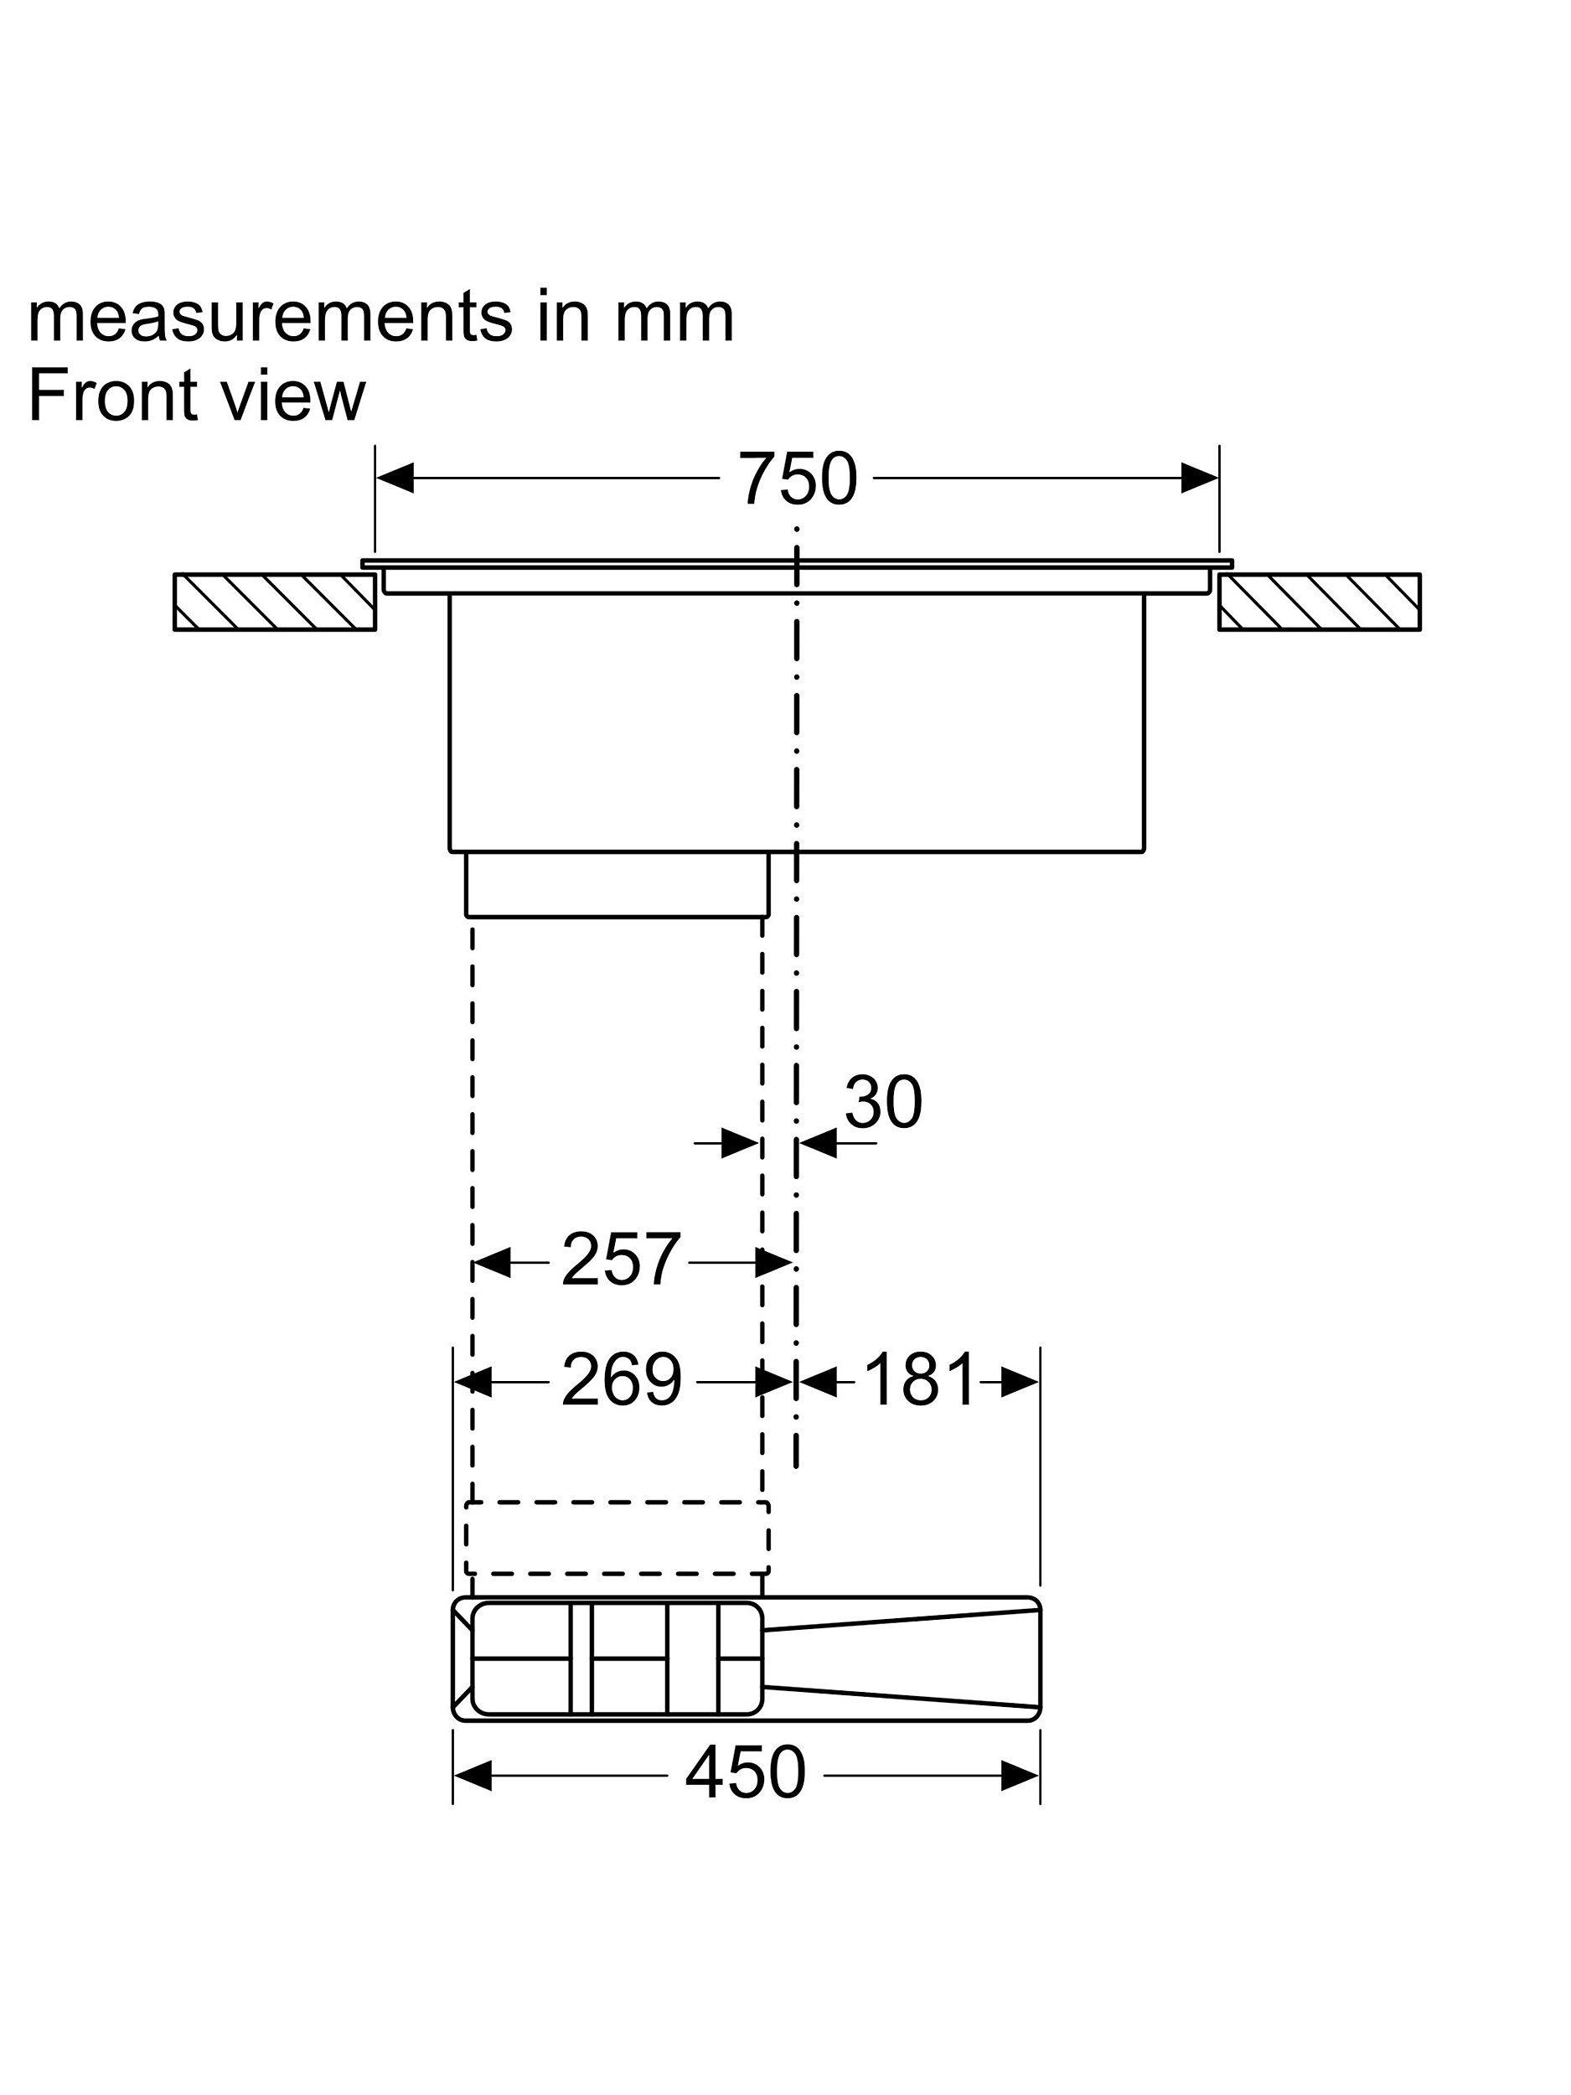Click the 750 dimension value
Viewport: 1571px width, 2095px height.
[798, 478]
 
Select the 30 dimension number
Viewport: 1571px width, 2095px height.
[882, 1103]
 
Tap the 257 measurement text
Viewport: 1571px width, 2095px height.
[620, 1260]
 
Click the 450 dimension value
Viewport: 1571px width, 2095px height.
[745, 1772]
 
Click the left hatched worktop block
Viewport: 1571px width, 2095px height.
[275, 602]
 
